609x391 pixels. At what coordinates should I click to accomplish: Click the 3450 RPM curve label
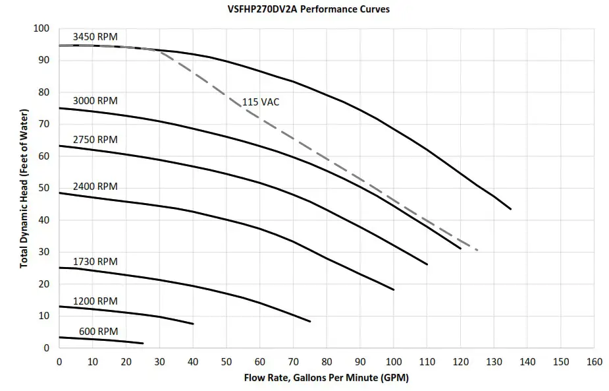point(95,37)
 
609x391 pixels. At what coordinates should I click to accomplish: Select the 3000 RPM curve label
point(95,100)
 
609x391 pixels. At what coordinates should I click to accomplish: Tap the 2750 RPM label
point(95,139)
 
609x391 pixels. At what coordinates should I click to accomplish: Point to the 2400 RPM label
point(95,187)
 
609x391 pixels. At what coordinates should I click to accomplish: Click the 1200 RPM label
point(95,301)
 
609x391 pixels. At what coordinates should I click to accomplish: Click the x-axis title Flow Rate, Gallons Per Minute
point(326,378)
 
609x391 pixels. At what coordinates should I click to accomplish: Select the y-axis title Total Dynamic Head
point(24,188)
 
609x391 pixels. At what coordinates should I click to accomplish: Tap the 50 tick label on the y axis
point(45,189)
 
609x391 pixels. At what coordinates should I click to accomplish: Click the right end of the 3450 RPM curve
point(510,209)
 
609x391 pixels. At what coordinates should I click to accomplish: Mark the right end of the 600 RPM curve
point(143,343)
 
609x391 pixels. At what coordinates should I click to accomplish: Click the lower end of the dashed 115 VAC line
point(477,251)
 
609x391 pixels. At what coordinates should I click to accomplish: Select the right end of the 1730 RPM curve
point(310,321)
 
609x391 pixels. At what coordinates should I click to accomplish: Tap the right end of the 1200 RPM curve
point(193,324)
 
